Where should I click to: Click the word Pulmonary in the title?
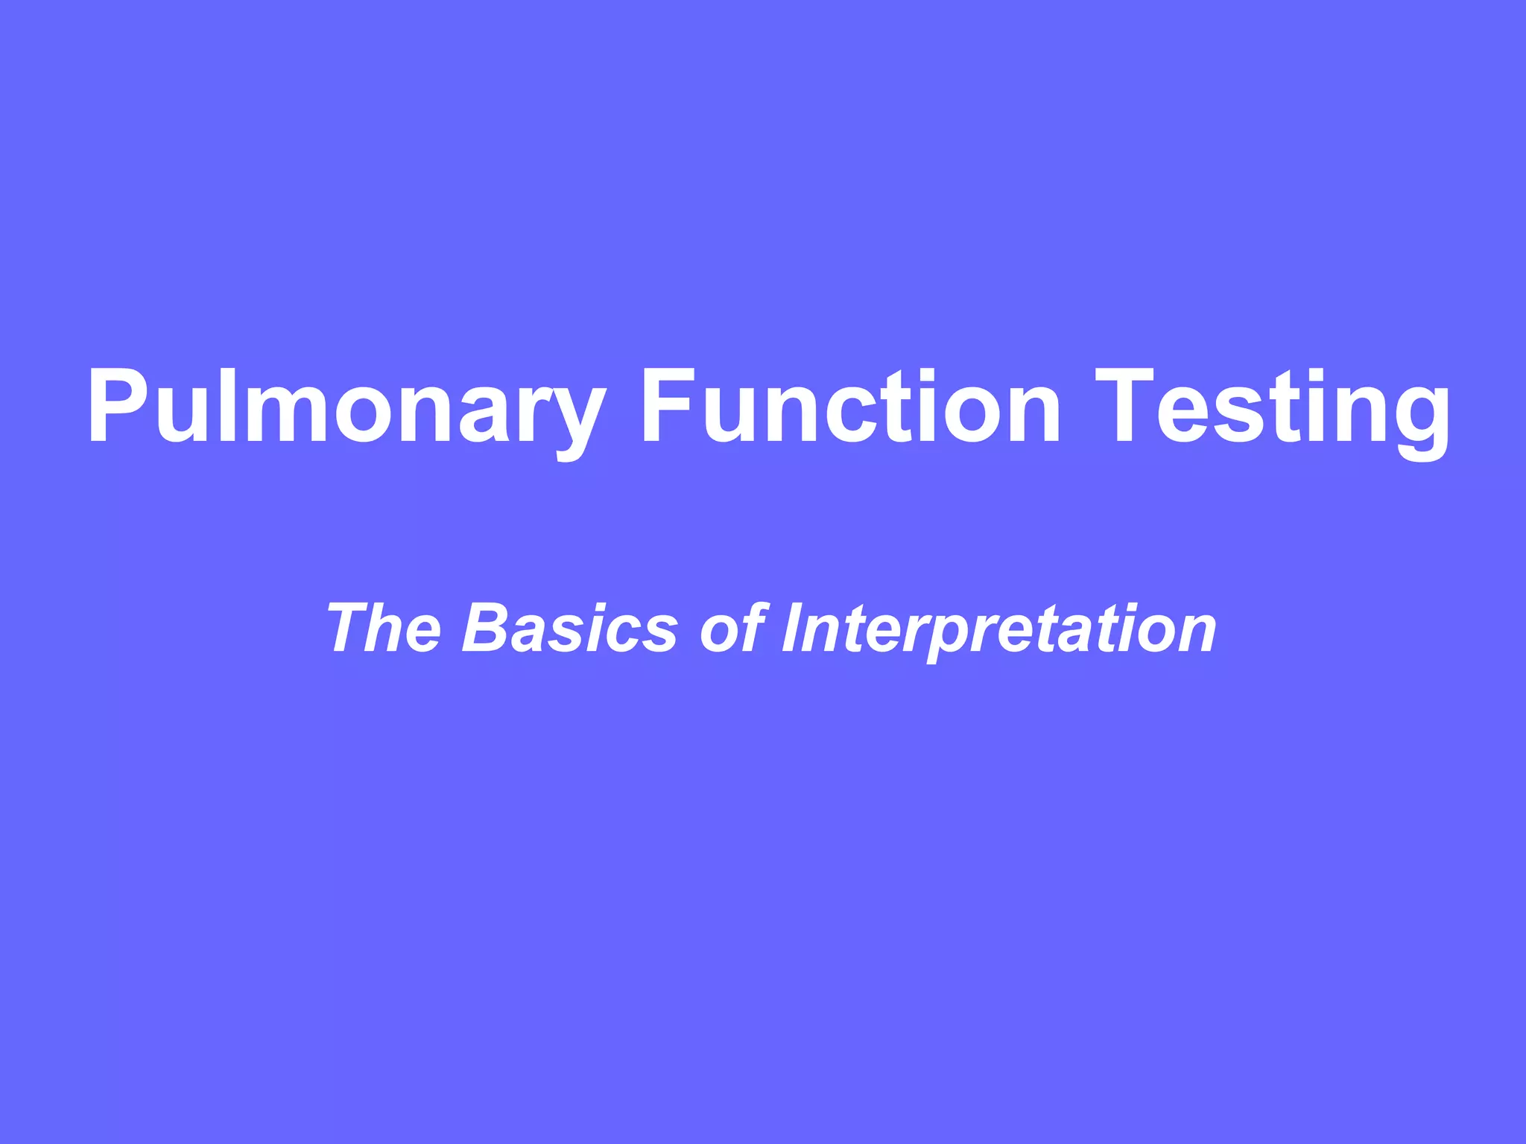pos(346,407)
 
